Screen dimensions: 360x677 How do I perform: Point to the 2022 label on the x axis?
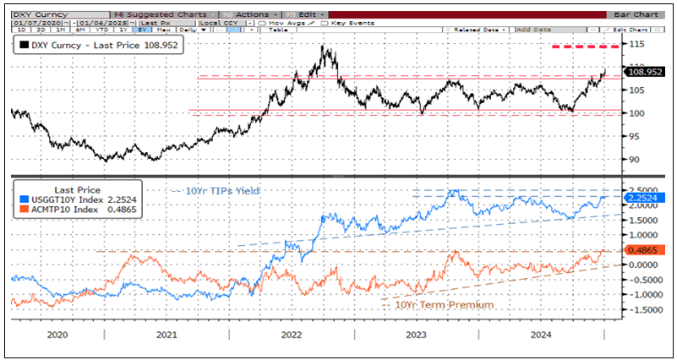pyautogui.click(x=292, y=335)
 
